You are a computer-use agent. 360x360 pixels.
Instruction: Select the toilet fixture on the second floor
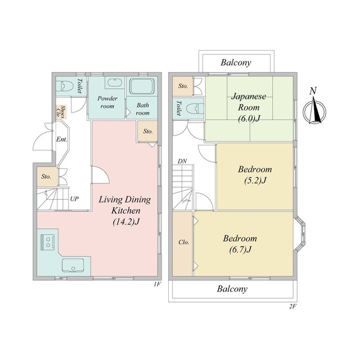pyautogui.click(x=195, y=109)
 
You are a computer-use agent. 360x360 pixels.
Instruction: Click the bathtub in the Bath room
pyautogui.click(x=142, y=87)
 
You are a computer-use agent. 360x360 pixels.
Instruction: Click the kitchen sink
pyautogui.click(x=73, y=265)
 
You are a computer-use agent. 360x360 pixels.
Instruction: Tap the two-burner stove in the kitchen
pyautogui.click(x=47, y=242)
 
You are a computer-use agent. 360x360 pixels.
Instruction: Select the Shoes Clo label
pyautogui.click(x=61, y=111)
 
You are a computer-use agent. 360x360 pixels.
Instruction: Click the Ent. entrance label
pyautogui.click(x=62, y=139)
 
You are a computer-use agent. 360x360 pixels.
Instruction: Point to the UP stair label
pyautogui.click(x=74, y=199)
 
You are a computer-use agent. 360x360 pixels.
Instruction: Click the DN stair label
pyautogui.click(x=182, y=161)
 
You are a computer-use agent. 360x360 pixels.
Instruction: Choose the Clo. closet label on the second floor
pyautogui.click(x=184, y=242)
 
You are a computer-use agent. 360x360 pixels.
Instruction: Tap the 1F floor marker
pyautogui.click(x=157, y=285)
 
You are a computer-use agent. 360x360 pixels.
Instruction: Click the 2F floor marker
pyautogui.click(x=293, y=306)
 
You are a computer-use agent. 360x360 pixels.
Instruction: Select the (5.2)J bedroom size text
pyautogui.click(x=255, y=181)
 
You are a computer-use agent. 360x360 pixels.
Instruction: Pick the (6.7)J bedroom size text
pyautogui.click(x=240, y=250)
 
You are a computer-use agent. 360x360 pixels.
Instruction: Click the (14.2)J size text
pyautogui.click(x=126, y=222)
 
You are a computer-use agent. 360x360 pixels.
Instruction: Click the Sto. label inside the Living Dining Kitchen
pyautogui.click(x=148, y=131)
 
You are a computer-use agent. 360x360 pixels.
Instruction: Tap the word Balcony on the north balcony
pyautogui.click(x=236, y=62)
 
